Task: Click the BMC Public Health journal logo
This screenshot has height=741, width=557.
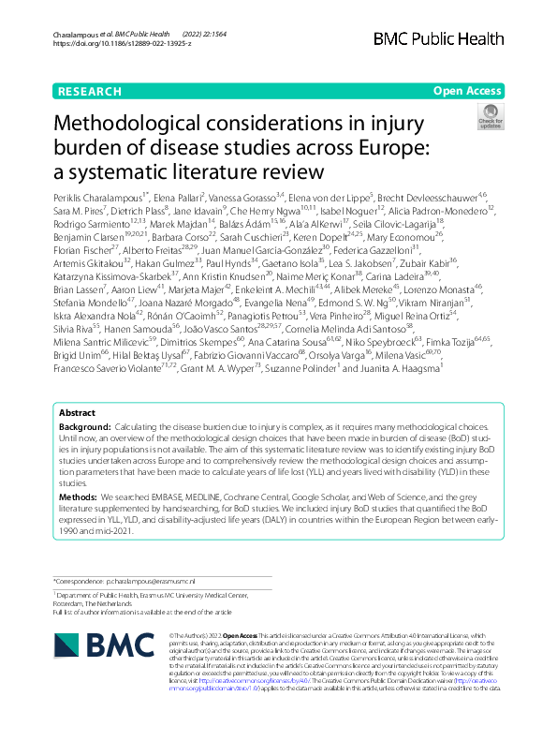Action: (x=450, y=38)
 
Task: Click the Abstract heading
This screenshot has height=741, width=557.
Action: (x=77, y=438)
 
